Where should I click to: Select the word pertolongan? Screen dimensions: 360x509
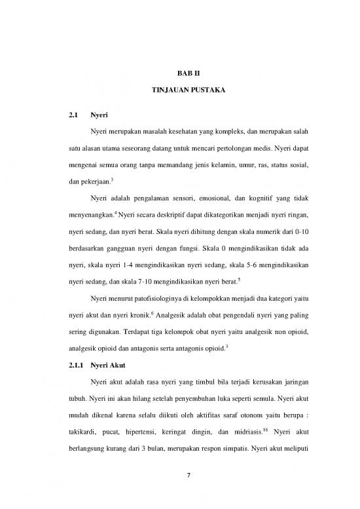coord(215,141)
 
